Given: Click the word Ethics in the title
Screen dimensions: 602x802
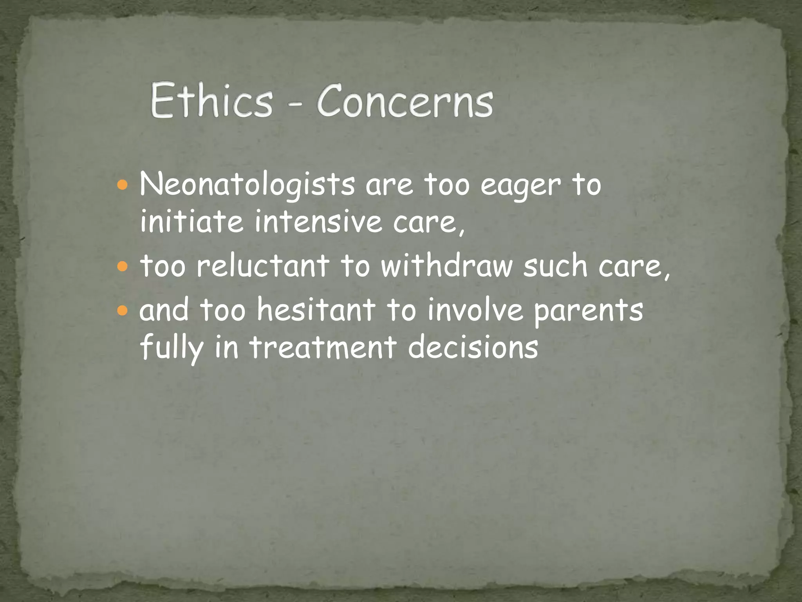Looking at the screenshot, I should (211, 100).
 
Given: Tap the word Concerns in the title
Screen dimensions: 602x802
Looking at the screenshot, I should (405, 101).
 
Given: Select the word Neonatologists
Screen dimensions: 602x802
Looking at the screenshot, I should (247, 185).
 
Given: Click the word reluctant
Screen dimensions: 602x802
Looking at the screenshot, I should (263, 266).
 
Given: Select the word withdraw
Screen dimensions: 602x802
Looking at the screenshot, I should (447, 266).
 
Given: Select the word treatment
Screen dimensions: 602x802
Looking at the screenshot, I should (323, 347).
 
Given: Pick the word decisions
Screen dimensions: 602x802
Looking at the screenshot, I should (473, 347).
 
